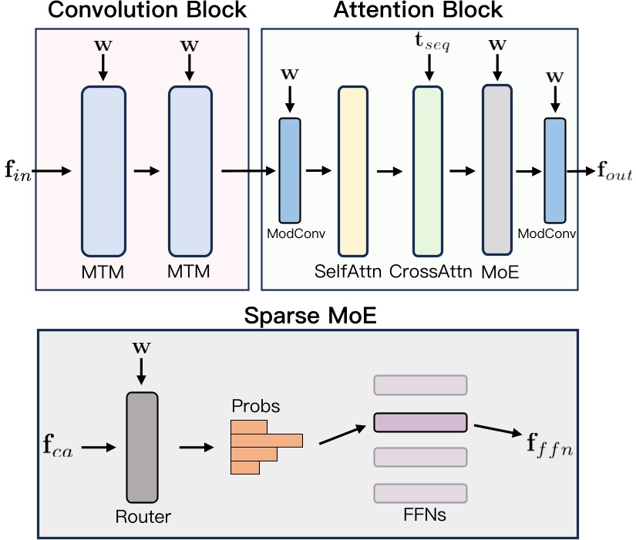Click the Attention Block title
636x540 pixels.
tap(418, 11)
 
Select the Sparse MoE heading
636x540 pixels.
tap(310, 316)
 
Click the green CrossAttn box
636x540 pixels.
tap(427, 169)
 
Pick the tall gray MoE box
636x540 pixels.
tap(496, 169)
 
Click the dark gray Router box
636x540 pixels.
tap(142, 447)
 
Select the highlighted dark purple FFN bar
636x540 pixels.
tap(420, 422)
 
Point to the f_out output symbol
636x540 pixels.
tap(613, 172)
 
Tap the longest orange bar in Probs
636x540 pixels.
tap(267, 440)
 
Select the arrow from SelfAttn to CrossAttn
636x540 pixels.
tap(390, 171)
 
